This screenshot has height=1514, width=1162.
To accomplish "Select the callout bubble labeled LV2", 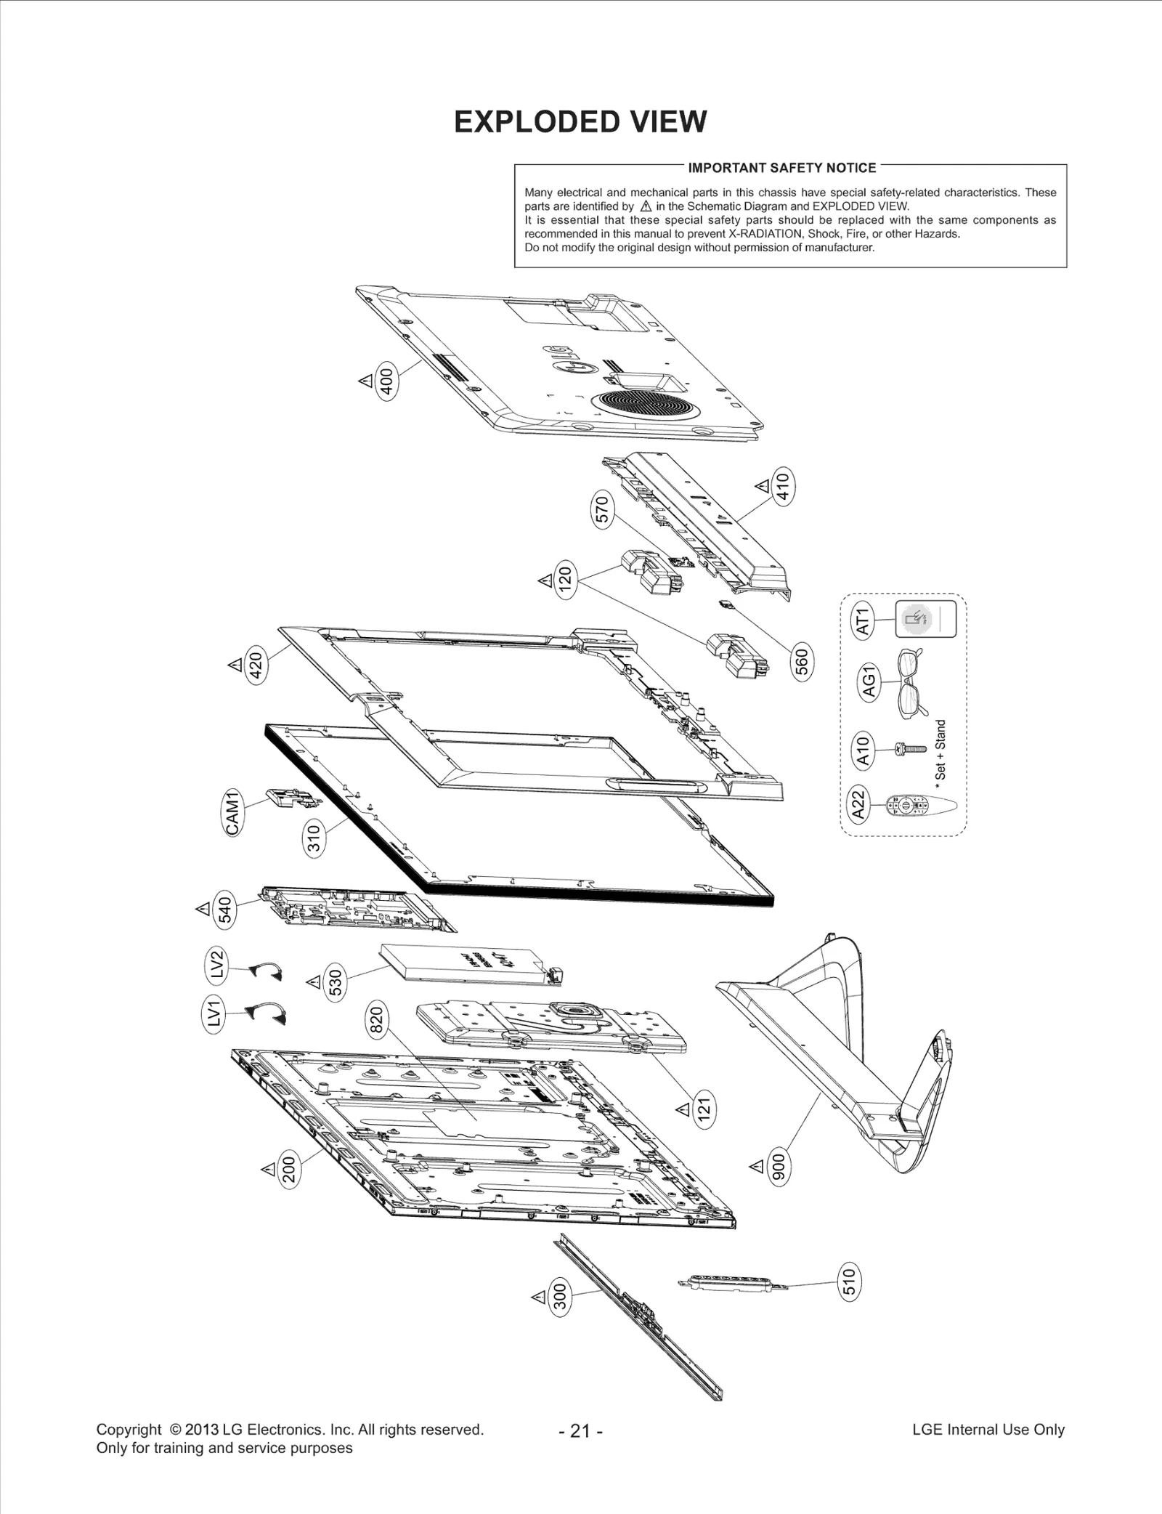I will pos(215,966).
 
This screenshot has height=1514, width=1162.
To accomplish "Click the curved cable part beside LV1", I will pos(267,1013).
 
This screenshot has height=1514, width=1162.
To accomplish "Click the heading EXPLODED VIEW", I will pos(580,122).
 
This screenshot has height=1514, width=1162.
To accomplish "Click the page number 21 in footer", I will pos(580,1430).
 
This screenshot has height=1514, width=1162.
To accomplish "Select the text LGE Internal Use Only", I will pos(988,1429).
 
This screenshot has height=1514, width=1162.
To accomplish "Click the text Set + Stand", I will pos(940,750).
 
